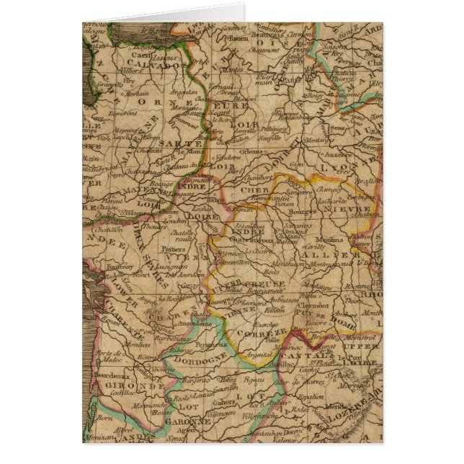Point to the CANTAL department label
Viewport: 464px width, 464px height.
click(300, 355)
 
